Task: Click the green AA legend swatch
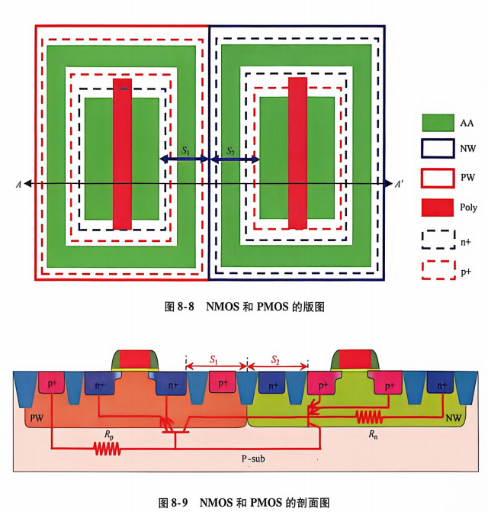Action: pos(438,122)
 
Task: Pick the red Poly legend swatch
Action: pos(438,208)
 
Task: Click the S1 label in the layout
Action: pos(185,150)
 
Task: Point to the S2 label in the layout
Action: pos(230,150)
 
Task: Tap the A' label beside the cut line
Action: pos(399,185)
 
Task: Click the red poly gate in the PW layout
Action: pos(122,154)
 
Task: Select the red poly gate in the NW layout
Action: pos(297,153)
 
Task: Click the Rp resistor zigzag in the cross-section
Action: pos(108,449)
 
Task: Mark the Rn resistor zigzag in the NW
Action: pos(368,417)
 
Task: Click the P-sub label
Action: pos(253,459)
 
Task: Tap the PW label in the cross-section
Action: pos(37,418)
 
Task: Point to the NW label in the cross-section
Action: pos(454,417)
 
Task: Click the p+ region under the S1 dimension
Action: pos(222,382)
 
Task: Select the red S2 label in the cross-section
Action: pos(275,359)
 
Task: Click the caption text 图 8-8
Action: pos(179,307)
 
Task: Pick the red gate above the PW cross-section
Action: pos(136,359)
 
